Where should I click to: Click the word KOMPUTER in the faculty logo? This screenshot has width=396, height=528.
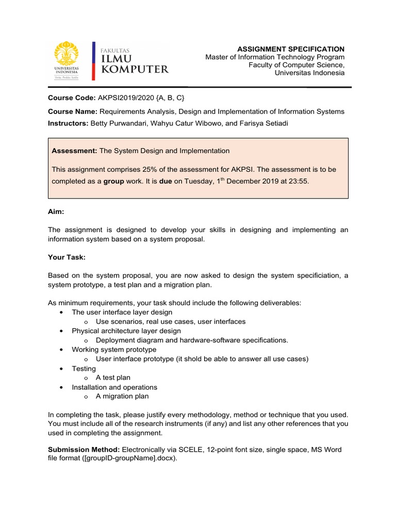(x=135, y=69)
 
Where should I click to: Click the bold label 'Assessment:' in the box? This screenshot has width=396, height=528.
(x=75, y=151)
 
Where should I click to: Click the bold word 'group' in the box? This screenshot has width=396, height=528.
(x=113, y=181)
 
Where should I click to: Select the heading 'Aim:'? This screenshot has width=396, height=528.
(x=56, y=211)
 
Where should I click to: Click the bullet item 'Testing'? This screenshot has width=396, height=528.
(x=84, y=369)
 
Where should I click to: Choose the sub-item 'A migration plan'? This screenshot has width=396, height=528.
(x=122, y=397)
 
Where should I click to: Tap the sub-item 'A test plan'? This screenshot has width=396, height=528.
(x=113, y=378)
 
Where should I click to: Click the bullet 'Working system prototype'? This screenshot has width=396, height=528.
(x=114, y=350)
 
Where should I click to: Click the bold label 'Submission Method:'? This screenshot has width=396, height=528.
(x=84, y=450)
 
